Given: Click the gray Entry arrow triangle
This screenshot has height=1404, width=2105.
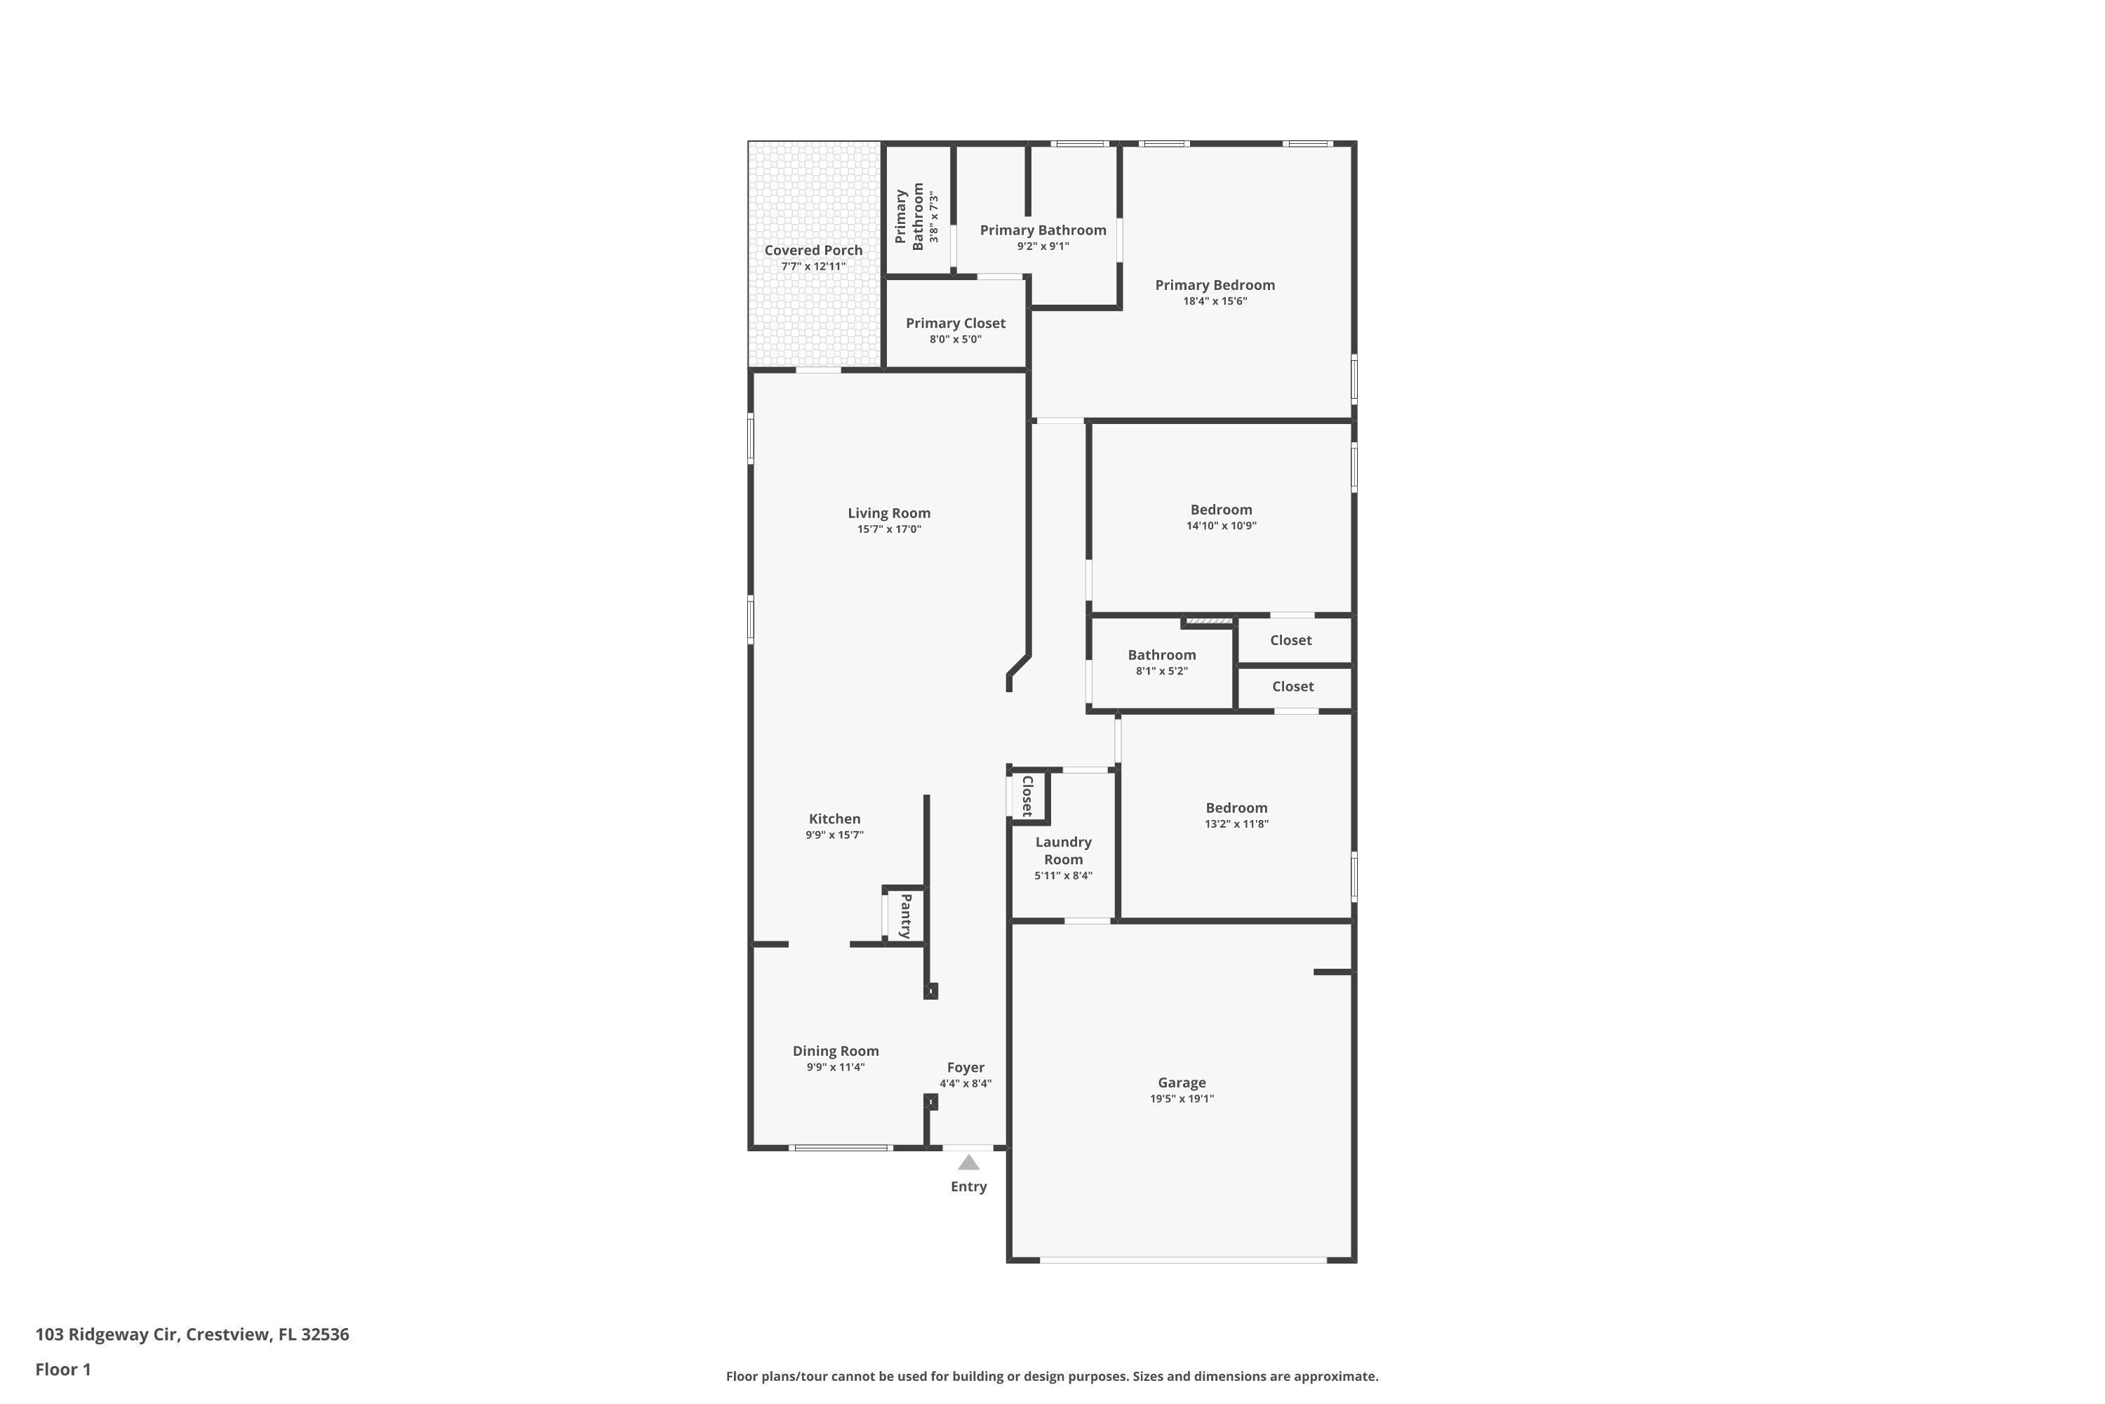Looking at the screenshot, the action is [968, 1163].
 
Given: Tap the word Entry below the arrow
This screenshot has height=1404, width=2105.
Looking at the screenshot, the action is [968, 1186].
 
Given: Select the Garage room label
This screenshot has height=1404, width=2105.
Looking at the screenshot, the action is [1182, 1082].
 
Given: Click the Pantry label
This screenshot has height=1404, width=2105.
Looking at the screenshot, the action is [906, 915].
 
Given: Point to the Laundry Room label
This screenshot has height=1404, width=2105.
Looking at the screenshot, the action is [1063, 851].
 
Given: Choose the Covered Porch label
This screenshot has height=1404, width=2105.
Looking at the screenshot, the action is [813, 251].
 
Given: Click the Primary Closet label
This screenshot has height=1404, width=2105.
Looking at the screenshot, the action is [956, 323].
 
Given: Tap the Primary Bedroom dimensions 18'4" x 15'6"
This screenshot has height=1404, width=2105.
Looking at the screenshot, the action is [1215, 301].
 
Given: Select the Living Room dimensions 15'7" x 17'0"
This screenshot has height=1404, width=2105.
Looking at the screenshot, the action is [889, 529].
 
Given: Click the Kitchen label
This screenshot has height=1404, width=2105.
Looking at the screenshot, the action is [834, 819].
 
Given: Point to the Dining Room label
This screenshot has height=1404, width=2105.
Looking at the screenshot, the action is [835, 1051].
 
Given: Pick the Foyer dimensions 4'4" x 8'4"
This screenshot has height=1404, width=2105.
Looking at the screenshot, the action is [965, 1083].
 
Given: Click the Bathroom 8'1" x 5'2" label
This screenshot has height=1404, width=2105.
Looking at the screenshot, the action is [1162, 662].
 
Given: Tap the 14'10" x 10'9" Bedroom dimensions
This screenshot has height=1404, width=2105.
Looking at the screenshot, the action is [1221, 526].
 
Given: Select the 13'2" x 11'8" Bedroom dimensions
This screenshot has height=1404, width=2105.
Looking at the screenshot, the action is [1236, 823].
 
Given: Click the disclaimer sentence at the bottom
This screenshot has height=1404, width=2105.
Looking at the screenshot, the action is [1052, 1376].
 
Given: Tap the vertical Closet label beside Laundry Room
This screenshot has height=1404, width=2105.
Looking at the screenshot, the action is [1027, 796].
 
